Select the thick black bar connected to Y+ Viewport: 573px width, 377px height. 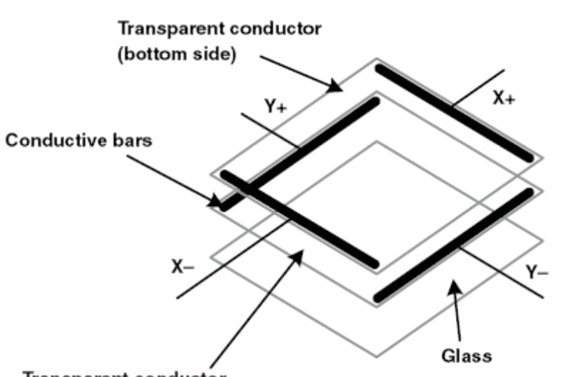[301, 152]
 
